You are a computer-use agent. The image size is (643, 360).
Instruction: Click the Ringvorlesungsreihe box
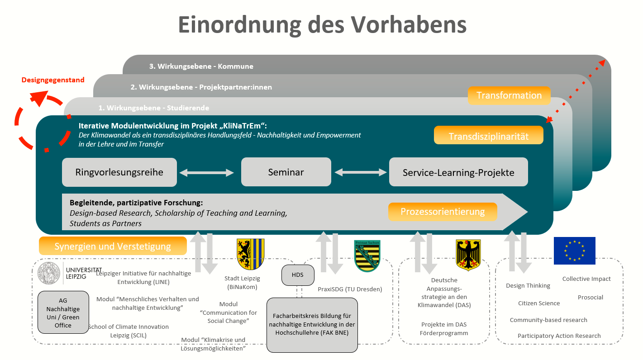119,172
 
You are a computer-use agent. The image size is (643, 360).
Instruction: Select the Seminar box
286,172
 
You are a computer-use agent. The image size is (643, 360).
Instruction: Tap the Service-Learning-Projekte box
458,172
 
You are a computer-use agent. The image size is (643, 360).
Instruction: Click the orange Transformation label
509,95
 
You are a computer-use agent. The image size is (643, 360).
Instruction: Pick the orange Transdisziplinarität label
488,136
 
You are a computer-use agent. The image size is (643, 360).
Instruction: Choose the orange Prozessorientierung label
443,212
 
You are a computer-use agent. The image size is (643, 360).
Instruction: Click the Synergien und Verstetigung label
113,246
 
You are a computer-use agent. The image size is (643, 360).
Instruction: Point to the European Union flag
574,251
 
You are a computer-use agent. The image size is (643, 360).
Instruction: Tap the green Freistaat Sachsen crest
367,256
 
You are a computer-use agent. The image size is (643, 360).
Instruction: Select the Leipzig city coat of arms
250,254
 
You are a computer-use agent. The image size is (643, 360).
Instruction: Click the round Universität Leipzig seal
49,273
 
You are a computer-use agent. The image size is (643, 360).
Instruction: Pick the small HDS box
297,275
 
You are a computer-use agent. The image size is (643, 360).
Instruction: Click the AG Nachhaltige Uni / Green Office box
63,313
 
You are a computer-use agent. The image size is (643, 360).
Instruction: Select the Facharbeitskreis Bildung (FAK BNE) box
312,325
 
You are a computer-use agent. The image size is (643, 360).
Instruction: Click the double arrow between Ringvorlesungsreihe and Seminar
207,172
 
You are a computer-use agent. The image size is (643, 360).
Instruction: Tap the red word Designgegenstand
53,80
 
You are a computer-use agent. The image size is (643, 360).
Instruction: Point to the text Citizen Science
539,303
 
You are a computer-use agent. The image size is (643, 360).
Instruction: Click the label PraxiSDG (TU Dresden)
350,289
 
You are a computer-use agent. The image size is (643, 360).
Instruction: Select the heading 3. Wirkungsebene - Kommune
201,66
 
